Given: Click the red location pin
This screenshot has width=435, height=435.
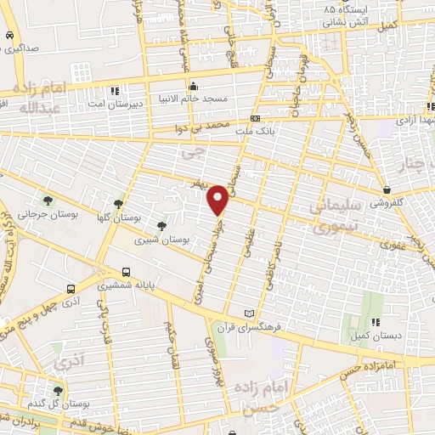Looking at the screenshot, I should pyautogui.click(x=218, y=199).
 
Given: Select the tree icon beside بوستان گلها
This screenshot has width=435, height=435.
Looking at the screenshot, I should pyautogui.click(x=118, y=204).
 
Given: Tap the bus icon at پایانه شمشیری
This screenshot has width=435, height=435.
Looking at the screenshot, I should pyautogui.click(x=127, y=273).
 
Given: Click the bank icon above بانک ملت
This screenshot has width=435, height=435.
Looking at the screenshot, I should pyautogui.click(x=255, y=118).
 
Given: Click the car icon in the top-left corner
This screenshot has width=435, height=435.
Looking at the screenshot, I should pyautogui.click(x=8, y=37).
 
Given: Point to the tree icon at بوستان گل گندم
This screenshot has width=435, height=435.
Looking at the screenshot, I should pyautogui.click(x=59, y=390).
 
